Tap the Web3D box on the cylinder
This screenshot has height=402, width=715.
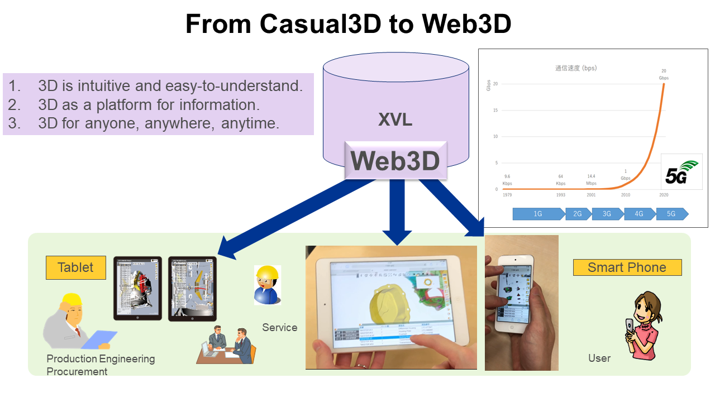click(395, 161)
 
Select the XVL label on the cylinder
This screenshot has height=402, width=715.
click(395, 119)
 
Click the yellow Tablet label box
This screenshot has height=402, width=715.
click(75, 267)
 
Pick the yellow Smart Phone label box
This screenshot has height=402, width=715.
click(627, 267)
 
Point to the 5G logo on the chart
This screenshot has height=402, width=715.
click(681, 173)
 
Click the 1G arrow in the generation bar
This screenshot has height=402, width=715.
click(538, 214)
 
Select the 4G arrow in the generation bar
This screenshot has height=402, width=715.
click(638, 214)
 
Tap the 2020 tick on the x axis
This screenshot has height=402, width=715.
click(664, 195)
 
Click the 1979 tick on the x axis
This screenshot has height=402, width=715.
click(507, 195)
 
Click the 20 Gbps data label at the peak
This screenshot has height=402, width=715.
click(664, 75)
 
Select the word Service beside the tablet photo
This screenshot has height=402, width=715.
click(279, 328)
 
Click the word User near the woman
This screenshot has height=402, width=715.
click(599, 358)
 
